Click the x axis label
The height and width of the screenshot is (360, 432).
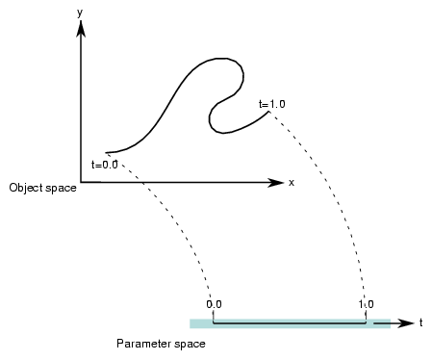pyautogui.click(x=291, y=181)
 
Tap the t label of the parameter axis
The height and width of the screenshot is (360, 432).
pyautogui.click(x=420, y=322)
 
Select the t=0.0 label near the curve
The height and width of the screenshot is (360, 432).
pyautogui.click(x=103, y=165)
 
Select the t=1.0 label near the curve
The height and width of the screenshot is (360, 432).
pyautogui.click(x=272, y=102)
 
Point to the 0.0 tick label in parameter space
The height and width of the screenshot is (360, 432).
pyautogui.click(x=214, y=304)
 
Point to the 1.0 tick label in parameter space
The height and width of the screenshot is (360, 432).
pyautogui.click(x=366, y=304)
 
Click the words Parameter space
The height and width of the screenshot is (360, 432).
pyautogui.click(x=160, y=343)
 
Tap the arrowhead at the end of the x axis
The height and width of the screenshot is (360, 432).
pyautogui.click(x=276, y=181)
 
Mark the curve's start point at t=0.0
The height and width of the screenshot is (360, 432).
pyautogui.click(x=106, y=152)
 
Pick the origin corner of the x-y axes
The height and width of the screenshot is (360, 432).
pyautogui.click(x=84, y=181)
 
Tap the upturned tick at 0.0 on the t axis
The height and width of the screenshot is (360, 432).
pyautogui.click(x=212, y=319)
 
